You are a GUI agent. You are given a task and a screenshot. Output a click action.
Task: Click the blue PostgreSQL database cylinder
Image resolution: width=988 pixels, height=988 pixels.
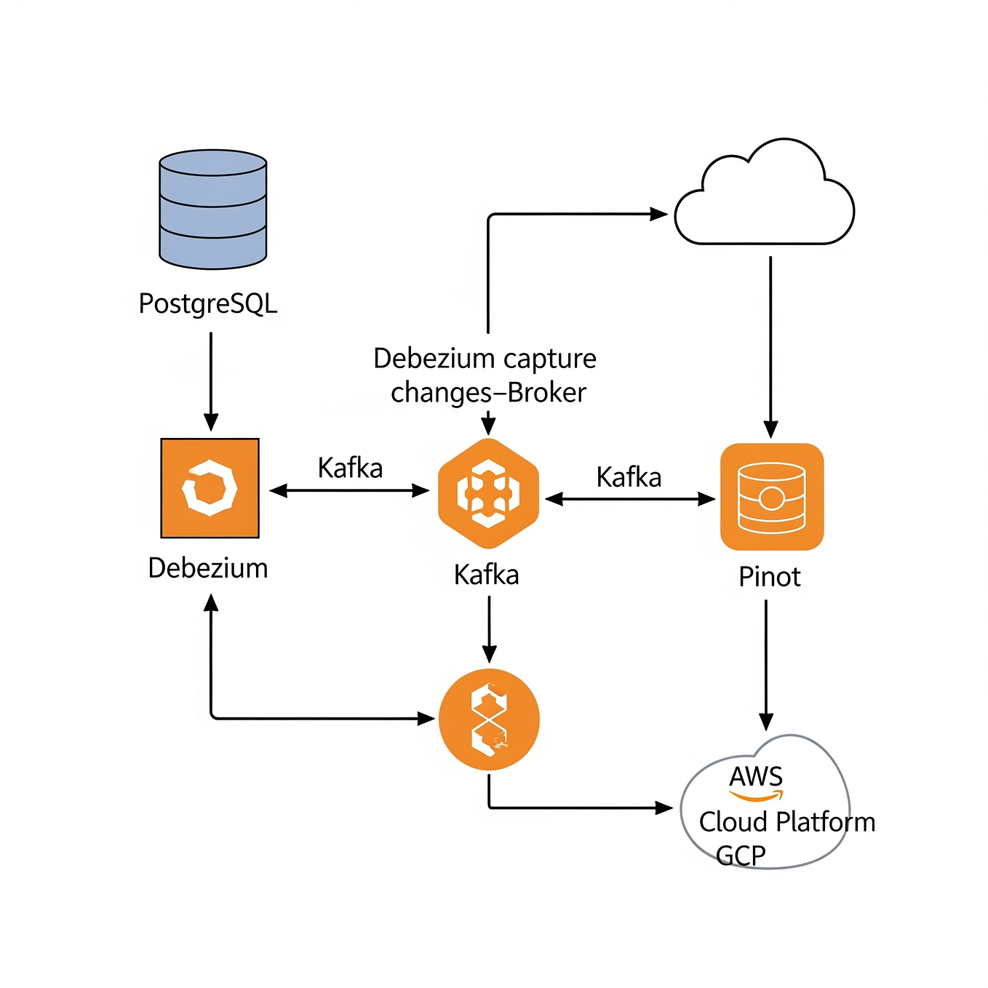(213, 209)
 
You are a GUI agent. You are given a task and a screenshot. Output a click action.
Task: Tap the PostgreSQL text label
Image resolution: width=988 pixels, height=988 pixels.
(208, 303)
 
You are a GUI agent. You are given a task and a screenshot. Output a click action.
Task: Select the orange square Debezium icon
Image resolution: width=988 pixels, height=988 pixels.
(210, 488)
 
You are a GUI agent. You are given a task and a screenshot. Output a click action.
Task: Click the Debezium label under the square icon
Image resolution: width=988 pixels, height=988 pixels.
(208, 568)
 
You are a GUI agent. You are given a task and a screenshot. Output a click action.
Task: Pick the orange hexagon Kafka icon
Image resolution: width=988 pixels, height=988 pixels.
(488, 493)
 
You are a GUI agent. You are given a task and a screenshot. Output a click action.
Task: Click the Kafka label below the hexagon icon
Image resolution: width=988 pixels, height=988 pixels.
(486, 575)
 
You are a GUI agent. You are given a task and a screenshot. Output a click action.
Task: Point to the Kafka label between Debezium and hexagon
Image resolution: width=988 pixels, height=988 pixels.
(350, 468)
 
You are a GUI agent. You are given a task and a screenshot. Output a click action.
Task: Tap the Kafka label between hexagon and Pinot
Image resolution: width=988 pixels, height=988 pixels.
(629, 477)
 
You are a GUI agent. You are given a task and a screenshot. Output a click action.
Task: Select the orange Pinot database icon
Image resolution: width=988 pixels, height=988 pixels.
(771, 497)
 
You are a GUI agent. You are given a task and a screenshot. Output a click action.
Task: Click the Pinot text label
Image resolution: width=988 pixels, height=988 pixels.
(769, 577)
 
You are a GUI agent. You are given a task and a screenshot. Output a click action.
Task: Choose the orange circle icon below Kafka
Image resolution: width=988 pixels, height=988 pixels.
(489, 719)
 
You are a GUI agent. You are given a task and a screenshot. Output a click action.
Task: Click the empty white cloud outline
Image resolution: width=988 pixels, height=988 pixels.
(764, 196)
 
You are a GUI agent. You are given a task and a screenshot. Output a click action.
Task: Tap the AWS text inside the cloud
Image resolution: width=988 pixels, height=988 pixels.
(756, 776)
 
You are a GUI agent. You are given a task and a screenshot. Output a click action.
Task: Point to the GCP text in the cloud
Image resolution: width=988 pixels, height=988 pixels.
(740, 856)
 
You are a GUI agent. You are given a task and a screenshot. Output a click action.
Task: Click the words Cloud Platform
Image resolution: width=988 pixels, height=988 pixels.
(786, 822)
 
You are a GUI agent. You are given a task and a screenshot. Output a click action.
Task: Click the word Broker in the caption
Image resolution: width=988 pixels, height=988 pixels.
(546, 393)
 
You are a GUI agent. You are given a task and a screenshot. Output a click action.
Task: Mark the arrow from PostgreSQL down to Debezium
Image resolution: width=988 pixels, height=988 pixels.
(211, 382)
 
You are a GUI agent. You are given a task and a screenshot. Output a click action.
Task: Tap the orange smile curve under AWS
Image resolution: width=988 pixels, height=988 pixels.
(757, 796)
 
